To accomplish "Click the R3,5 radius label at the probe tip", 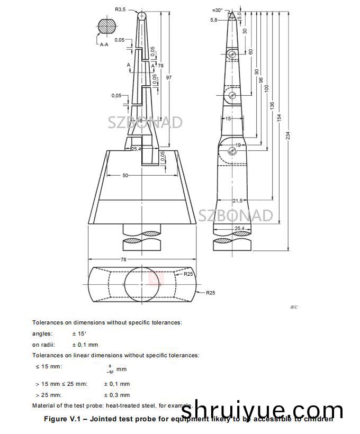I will [121, 9].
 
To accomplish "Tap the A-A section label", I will [104, 45].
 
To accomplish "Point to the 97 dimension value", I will [169, 78].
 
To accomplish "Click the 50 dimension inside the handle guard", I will [125, 175].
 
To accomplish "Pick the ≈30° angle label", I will [218, 10].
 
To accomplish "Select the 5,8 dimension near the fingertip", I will [213, 20].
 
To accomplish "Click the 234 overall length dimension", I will [288, 135].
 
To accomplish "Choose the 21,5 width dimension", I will [238, 201].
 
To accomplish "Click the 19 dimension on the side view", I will [238, 144].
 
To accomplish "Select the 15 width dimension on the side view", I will [228, 119].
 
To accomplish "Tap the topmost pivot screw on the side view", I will [232, 55].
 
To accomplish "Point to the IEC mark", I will [294, 307].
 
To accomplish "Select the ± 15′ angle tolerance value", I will [80, 333].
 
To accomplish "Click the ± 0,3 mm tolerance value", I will [116, 395].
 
